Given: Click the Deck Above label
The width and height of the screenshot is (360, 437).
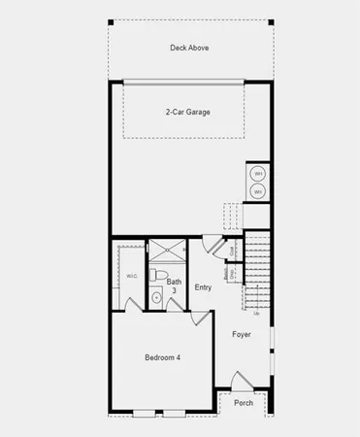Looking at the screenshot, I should pyautogui.click(x=189, y=47).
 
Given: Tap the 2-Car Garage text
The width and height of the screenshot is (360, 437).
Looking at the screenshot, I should pyautogui.click(x=187, y=112).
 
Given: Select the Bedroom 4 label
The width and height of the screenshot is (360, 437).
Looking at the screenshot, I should pyautogui.click(x=163, y=358).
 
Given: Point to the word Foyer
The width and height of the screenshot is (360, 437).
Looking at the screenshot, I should pyautogui.click(x=242, y=334).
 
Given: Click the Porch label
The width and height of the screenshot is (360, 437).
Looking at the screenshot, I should pyautogui.click(x=243, y=403).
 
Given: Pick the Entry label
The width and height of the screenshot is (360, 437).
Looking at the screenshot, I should pyautogui.click(x=203, y=287).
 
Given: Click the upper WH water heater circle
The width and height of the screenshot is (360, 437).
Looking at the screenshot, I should pyautogui.click(x=259, y=174).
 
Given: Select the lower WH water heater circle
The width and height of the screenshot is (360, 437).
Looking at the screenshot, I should pyautogui.click(x=259, y=192).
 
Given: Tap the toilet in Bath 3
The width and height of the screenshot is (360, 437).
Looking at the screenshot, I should pyautogui.click(x=164, y=271).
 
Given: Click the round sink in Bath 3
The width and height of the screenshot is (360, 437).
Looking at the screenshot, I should pyautogui.click(x=157, y=299).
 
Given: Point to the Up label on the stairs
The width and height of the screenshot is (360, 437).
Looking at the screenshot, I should pyautogui.click(x=256, y=314).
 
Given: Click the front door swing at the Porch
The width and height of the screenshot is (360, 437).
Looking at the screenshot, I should pyautogui.click(x=240, y=380).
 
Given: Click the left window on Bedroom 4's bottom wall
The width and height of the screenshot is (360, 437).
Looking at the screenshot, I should pyautogui.click(x=144, y=415).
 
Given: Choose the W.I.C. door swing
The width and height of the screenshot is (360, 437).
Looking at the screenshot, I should pyautogui.click(x=133, y=305).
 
